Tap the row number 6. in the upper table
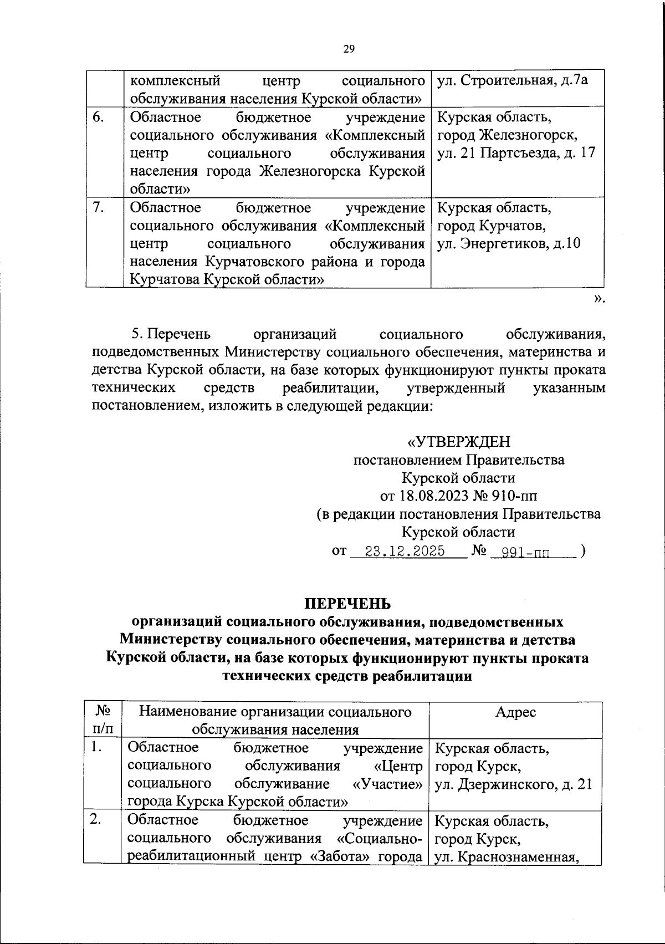click(98, 118)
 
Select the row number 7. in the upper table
click(98, 208)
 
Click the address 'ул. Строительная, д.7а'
click(513, 81)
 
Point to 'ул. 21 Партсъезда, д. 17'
click(516, 154)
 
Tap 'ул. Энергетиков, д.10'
click(509, 244)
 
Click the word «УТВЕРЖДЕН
click(459, 442)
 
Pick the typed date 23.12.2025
click(408, 552)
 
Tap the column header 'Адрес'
click(515, 712)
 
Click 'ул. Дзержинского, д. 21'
click(514, 784)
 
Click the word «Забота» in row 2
click(341, 856)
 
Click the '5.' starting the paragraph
click(138, 334)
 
